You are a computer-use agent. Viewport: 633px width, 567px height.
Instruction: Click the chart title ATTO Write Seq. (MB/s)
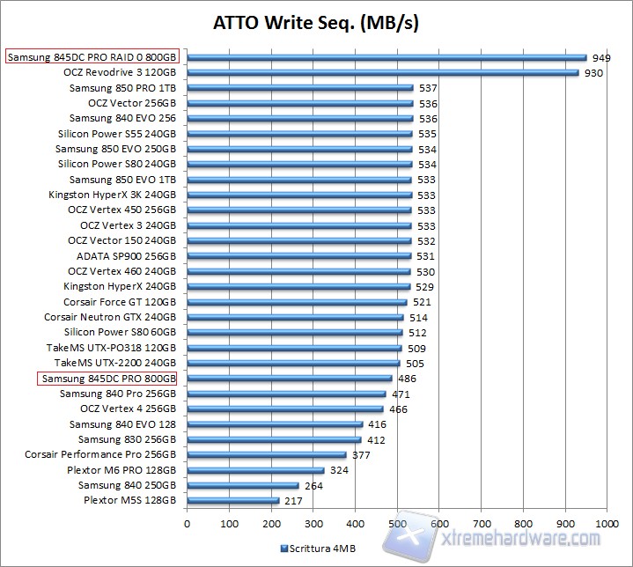pyautogui.click(x=316, y=22)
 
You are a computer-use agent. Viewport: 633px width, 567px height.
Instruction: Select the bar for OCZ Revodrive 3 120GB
pyautogui.click(x=382, y=72)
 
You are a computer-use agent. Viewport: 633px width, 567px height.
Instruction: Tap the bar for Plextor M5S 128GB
pyautogui.click(x=232, y=500)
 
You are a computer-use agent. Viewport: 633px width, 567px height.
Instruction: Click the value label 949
pyautogui.click(x=601, y=57)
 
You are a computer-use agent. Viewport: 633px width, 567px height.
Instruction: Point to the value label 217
pyautogui.click(x=294, y=500)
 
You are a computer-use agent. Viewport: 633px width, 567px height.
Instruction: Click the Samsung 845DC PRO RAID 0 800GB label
pyautogui.click(x=92, y=57)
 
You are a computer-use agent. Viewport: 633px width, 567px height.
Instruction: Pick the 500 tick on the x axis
pyautogui.click(x=397, y=524)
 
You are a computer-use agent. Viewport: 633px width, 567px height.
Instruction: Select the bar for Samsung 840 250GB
pyautogui.click(x=242, y=485)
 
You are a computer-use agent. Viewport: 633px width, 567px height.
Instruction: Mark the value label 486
pyautogui.click(x=407, y=379)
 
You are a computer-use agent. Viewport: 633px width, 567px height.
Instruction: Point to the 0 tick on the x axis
pyautogui.click(x=187, y=524)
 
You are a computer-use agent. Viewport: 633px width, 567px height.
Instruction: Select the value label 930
pyautogui.click(x=593, y=72)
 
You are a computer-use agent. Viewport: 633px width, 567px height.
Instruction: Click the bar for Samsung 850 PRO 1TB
pyautogui.click(x=299, y=88)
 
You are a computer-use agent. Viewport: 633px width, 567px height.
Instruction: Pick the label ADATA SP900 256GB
pyautogui.click(x=127, y=255)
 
